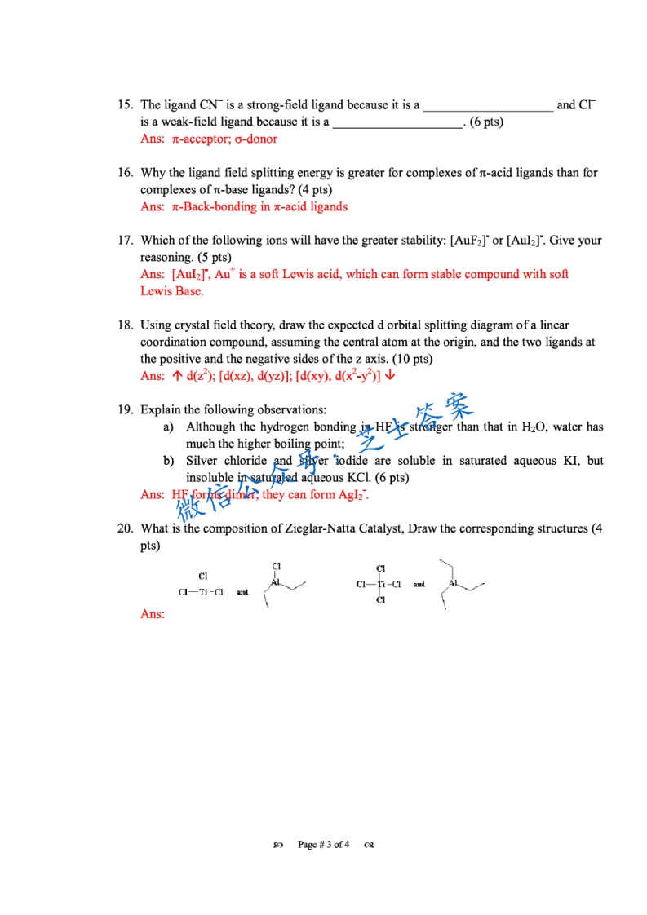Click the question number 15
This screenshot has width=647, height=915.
pyautogui.click(x=125, y=105)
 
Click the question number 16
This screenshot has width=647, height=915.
pyautogui.click(x=125, y=173)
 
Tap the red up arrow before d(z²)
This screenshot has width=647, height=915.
pyautogui.click(x=177, y=376)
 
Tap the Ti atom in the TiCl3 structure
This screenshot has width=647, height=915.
pyautogui.click(x=203, y=592)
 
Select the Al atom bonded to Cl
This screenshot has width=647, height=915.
pyautogui.click(x=276, y=582)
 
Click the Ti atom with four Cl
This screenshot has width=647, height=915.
pyautogui.click(x=381, y=584)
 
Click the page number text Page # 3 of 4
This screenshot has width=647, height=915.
pyautogui.click(x=324, y=844)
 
